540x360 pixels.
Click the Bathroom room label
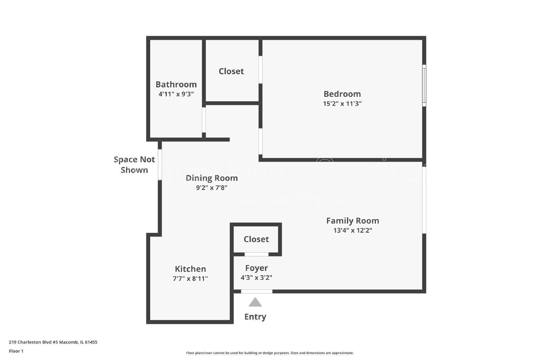click(176, 84)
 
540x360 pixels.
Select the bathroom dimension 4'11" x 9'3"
click(176, 94)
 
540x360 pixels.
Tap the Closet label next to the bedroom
click(231, 71)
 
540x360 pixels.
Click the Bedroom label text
click(342, 94)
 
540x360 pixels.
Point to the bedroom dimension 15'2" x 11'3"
click(342, 104)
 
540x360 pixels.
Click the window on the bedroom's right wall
click(424, 85)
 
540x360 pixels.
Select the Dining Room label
click(212, 178)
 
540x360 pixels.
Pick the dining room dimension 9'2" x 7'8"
click(212, 188)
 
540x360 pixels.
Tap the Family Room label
click(352, 221)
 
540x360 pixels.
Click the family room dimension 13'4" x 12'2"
click(352, 230)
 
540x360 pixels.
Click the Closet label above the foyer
click(256, 239)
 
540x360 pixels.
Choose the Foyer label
click(256, 268)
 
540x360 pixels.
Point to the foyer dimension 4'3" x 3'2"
click(256, 278)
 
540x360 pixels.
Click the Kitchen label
click(190, 269)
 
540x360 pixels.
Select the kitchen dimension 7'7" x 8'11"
click(190, 279)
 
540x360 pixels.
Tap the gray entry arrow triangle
click(255, 303)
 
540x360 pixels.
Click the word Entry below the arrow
click(255, 316)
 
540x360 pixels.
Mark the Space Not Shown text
click(134, 165)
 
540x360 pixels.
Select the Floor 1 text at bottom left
click(16, 351)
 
